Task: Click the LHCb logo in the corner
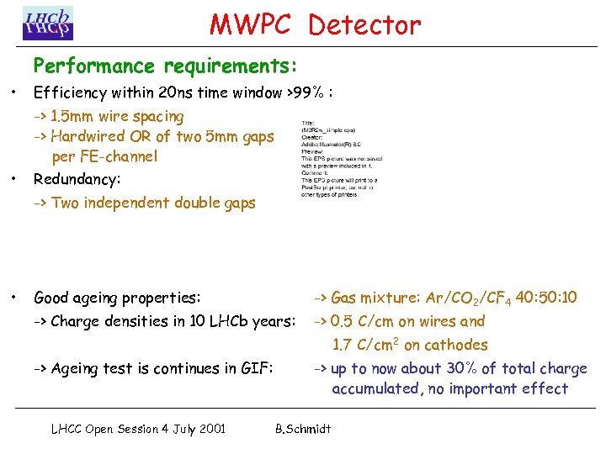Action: point(48,23)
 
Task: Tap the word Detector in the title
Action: point(364,25)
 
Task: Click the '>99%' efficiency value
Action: point(307,93)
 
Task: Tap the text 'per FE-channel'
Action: point(104,156)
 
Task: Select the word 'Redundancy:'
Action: point(77,180)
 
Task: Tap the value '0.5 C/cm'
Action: point(362,321)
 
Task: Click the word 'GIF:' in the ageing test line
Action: point(257,368)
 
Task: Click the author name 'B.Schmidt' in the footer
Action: point(303,429)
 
